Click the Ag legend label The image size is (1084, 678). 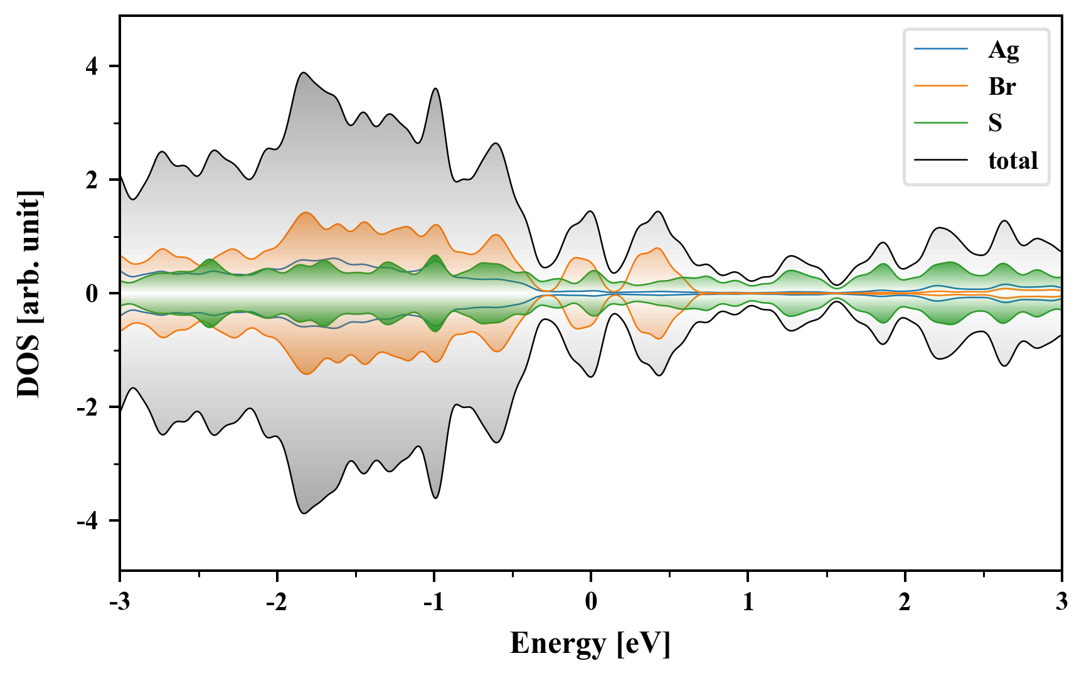click(x=1003, y=50)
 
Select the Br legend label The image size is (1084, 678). click(x=1002, y=87)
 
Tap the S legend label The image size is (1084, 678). click(x=995, y=123)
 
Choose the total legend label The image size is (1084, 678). click(x=1012, y=161)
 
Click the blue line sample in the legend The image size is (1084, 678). click(x=940, y=49)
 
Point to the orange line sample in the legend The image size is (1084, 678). click(x=940, y=86)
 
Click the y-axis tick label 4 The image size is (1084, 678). click(x=92, y=67)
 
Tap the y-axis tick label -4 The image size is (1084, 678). click(x=88, y=521)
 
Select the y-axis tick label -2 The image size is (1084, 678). click(x=88, y=407)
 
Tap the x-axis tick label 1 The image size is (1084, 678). click(x=748, y=602)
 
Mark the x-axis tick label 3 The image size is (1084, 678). click(x=1061, y=602)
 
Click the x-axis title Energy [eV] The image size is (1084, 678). click(x=590, y=643)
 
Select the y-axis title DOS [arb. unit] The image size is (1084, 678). click(x=28, y=294)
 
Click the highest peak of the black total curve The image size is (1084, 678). click(x=304, y=73)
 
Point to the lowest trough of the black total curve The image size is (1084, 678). click(x=304, y=514)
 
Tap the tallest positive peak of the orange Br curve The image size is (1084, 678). click(x=306, y=213)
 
